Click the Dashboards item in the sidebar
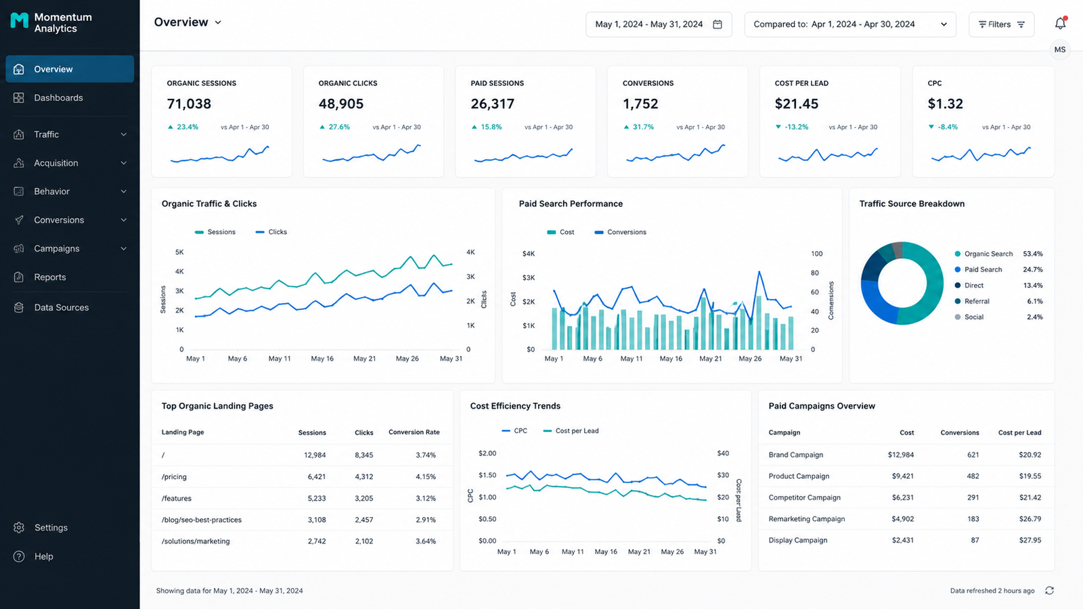click(58, 97)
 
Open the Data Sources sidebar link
click(61, 307)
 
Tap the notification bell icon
click(1060, 23)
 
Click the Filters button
click(1001, 24)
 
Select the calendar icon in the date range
click(717, 24)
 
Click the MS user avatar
click(1060, 50)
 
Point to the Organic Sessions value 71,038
click(189, 104)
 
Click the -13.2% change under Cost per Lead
click(796, 127)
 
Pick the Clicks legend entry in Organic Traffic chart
click(271, 232)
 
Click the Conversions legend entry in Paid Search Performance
click(620, 232)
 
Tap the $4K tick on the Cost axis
click(529, 254)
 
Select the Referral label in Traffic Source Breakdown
click(977, 301)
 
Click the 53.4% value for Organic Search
click(1033, 254)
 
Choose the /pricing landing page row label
click(174, 476)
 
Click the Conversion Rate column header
click(414, 432)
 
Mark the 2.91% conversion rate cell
click(426, 520)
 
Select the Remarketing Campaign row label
click(807, 518)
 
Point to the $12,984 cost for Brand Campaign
click(901, 455)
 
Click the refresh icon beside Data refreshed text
click(1049, 591)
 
